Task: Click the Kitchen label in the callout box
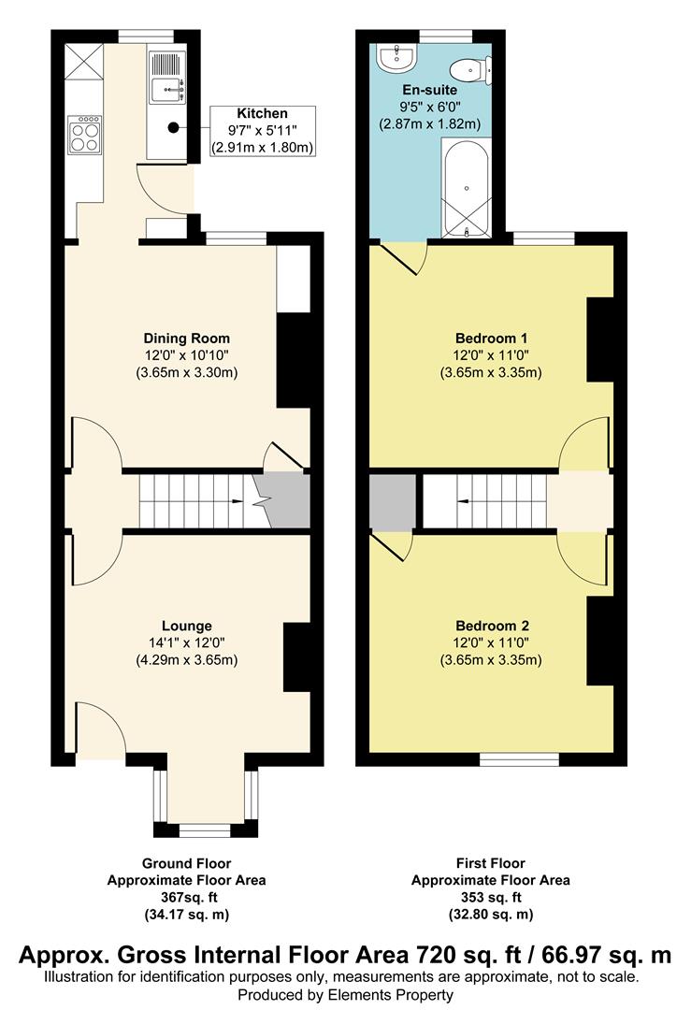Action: (x=262, y=113)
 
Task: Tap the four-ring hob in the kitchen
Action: (x=85, y=134)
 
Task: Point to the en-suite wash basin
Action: (x=398, y=59)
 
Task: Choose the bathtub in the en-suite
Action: (x=467, y=189)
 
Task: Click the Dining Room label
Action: (x=187, y=339)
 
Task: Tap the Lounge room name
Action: (x=187, y=626)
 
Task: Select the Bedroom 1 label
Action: (x=491, y=339)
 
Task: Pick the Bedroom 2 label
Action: (x=492, y=626)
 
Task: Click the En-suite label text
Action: (x=430, y=90)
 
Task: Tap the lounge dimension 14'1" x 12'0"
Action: (x=187, y=642)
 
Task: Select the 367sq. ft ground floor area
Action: (x=187, y=897)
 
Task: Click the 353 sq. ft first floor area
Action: (x=491, y=897)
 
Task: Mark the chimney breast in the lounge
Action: (x=297, y=657)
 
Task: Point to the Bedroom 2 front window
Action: (x=520, y=759)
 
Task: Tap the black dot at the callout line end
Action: (x=173, y=127)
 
